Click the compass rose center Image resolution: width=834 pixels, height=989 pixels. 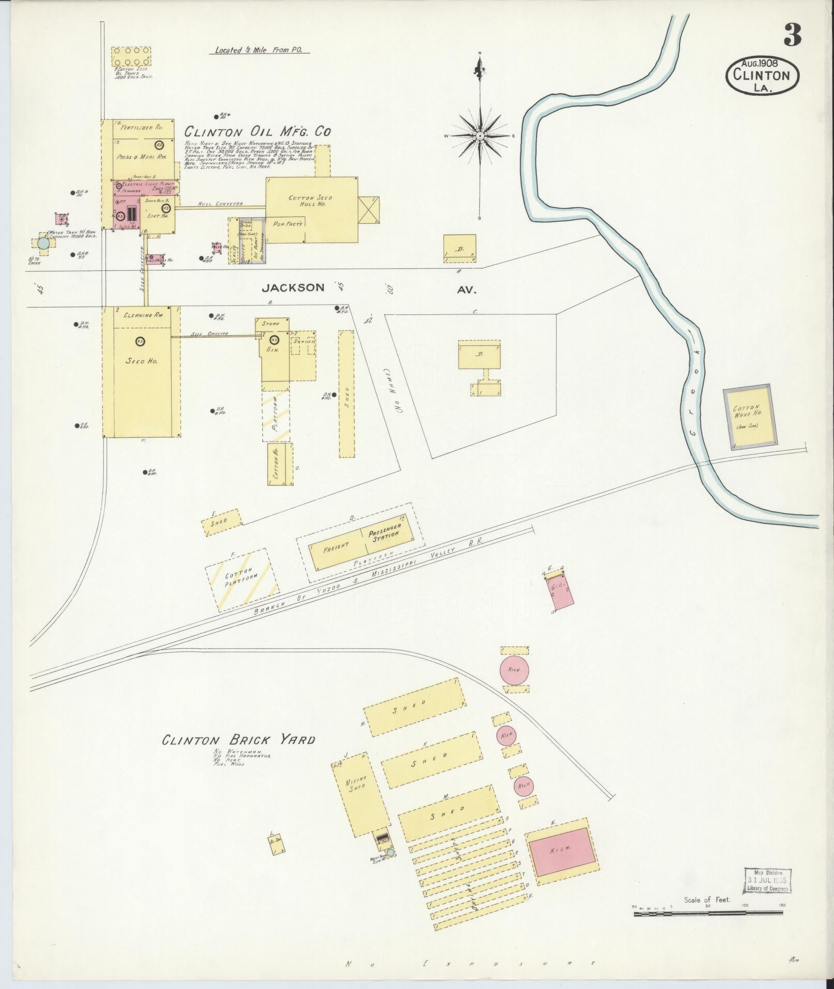480,135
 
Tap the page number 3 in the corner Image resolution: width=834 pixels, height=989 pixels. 792,36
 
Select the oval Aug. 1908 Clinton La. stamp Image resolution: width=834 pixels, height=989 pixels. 762,75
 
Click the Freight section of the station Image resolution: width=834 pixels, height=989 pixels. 336,547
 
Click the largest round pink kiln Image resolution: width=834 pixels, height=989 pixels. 513,670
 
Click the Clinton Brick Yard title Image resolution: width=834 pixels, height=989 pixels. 238,740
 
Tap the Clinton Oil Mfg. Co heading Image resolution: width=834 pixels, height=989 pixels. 257,132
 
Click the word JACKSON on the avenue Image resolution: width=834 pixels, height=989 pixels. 293,287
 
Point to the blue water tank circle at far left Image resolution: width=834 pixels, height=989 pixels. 44,242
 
